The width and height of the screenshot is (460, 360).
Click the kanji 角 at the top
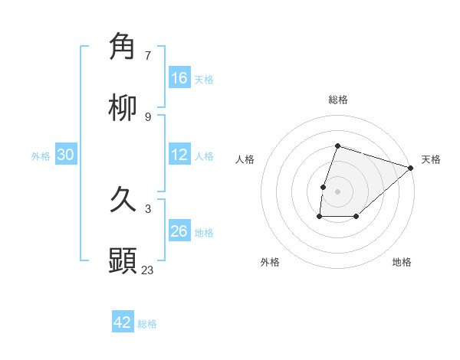click(x=123, y=47)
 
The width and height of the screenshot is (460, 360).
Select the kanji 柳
click(x=123, y=108)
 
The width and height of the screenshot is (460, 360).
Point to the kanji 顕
click(x=123, y=261)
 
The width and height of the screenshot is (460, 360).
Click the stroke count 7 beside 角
click(x=148, y=55)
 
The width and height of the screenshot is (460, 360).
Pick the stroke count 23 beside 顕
click(x=148, y=270)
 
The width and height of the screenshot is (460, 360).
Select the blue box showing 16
click(x=179, y=77)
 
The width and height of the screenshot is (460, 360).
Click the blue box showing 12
click(x=179, y=154)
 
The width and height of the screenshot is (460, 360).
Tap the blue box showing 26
click(x=179, y=231)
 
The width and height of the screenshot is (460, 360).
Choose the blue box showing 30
click(x=66, y=154)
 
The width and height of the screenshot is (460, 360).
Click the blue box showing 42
click(x=123, y=322)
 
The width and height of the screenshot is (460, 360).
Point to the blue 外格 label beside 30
click(x=41, y=155)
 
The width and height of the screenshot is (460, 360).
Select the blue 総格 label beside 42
click(x=147, y=324)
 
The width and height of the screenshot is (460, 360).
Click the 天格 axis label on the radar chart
click(x=431, y=159)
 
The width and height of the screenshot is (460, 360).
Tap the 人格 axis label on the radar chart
click(x=245, y=159)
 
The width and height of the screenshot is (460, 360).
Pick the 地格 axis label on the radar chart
click(x=402, y=262)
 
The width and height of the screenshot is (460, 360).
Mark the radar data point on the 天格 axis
click(x=411, y=168)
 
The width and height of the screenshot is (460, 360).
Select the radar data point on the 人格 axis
click(x=324, y=187)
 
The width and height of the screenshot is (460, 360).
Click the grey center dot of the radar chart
click(x=338, y=191)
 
